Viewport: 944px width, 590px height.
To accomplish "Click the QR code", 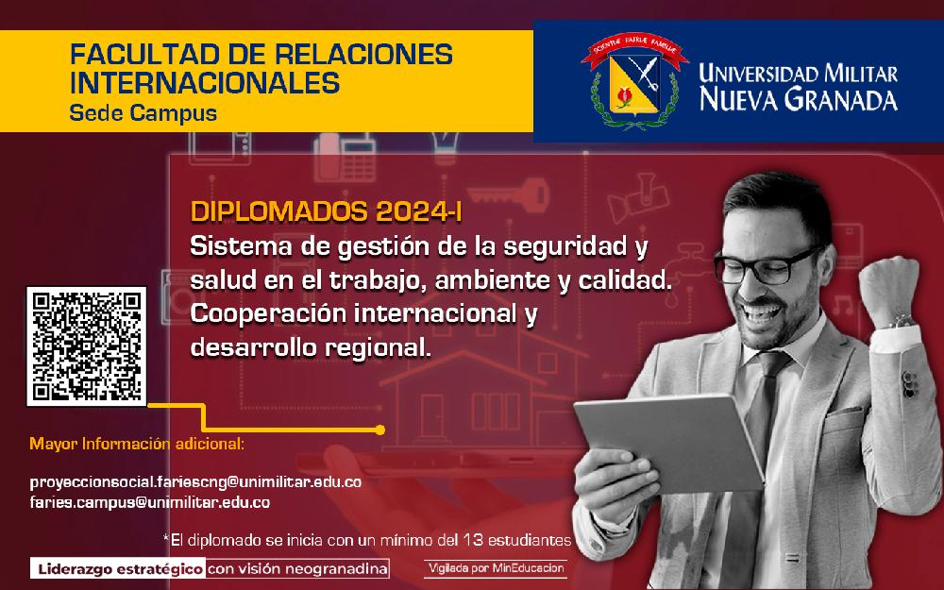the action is [87, 346].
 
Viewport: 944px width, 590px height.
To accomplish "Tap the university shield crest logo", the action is [634, 80].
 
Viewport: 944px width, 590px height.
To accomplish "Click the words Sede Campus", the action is [143, 113].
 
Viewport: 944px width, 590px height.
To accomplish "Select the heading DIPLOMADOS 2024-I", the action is [327, 211].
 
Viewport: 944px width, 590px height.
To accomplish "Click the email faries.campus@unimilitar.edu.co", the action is [150, 502].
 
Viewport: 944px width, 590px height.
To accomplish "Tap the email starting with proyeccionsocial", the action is [195, 482].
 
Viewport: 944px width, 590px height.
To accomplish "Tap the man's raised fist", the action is [888, 292].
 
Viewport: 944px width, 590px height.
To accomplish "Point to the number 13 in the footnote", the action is [473, 539].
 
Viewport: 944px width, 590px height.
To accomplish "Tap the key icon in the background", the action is [508, 195].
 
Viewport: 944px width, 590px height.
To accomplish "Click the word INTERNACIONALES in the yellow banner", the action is [205, 83].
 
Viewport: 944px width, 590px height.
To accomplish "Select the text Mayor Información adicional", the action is [137, 444].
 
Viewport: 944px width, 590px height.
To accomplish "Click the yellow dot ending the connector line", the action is [379, 430].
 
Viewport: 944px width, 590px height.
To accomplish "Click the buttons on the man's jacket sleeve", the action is [910, 383].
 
